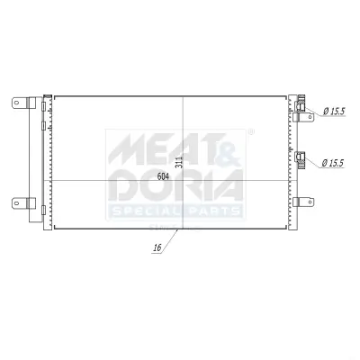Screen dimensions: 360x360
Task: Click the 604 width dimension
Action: [163, 176]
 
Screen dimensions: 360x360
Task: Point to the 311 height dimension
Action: [179, 162]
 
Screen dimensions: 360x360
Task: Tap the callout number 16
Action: [157, 247]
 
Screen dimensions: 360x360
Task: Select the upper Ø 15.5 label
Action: [334, 112]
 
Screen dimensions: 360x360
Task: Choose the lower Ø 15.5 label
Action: [332, 164]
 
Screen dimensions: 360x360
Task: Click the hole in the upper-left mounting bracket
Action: [17, 103]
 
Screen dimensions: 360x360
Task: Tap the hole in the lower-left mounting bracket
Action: [17, 203]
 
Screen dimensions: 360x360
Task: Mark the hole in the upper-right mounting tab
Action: [310, 117]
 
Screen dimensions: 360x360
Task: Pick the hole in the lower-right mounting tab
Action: [310, 202]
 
